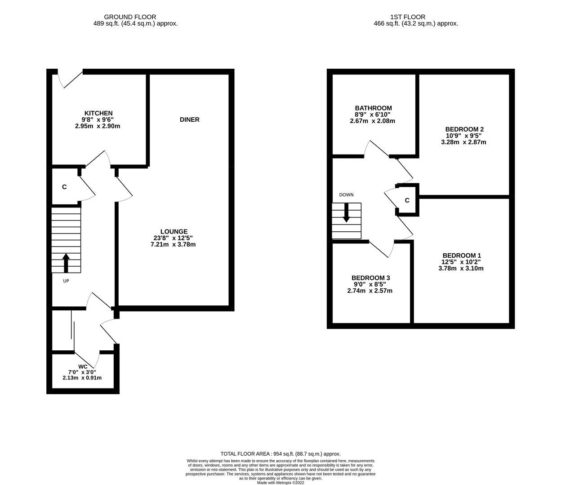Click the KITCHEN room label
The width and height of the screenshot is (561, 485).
[x=98, y=113]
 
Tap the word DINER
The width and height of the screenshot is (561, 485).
[x=189, y=119]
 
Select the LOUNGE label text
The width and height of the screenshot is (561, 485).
[x=174, y=232]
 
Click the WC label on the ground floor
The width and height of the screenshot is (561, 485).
[x=83, y=366]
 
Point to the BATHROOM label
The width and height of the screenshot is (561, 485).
[x=373, y=108]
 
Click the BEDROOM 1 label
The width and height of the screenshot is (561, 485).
[x=461, y=255]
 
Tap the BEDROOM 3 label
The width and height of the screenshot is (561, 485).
[x=370, y=278]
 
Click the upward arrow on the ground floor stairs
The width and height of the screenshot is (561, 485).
[x=66, y=263]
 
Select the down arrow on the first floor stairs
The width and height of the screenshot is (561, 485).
[x=346, y=213]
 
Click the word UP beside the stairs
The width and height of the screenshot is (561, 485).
[x=66, y=281]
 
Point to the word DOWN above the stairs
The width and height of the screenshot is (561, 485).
[x=346, y=195]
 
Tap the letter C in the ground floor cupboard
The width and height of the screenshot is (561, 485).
[x=64, y=187]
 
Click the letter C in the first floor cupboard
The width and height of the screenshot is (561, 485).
[x=407, y=200]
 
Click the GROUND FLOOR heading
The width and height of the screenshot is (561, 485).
[x=130, y=17]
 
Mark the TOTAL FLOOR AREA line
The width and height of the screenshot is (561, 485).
[x=280, y=454]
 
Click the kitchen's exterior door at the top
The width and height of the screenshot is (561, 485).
[x=70, y=78]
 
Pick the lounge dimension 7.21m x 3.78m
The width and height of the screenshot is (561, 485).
[x=173, y=245]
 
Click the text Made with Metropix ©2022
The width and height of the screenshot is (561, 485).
[x=280, y=483]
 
